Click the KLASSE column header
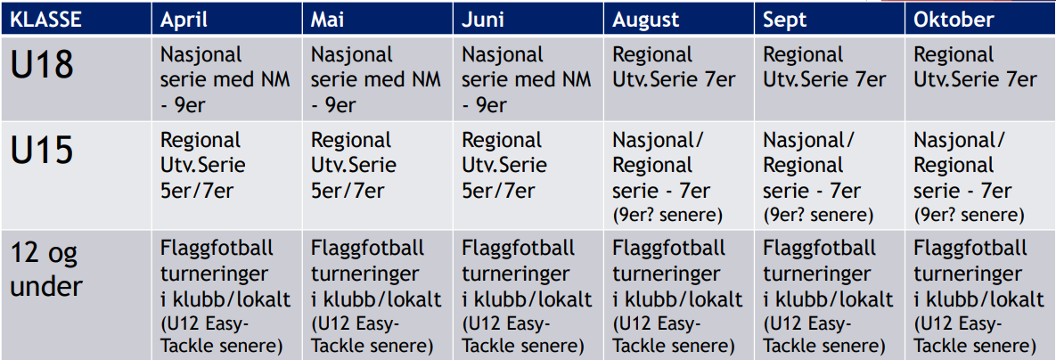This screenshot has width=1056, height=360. (x=46, y=20)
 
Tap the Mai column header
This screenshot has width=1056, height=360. (x=328, y=20)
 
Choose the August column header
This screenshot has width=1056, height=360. (x=646, y=20)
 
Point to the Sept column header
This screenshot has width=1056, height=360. (x=784, y=20)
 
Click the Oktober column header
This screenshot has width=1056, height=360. (x=954, y=20)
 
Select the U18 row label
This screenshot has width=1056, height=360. (x=42, y=66)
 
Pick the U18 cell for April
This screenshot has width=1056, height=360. (x=225, y=79)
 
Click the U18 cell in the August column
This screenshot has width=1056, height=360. (x=674, y=67)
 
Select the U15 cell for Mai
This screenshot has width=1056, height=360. (x=354, y=166)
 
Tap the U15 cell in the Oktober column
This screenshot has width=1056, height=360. (x=970, y=177)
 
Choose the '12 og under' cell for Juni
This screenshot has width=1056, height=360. (x=528, y=297)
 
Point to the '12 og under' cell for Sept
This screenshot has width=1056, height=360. (x=829, y=297)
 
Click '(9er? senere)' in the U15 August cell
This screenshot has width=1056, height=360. (x=667, y=216)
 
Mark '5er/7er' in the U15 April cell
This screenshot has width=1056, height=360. (x=197, y=191)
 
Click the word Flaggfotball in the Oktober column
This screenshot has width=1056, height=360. (x=970, y=248)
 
